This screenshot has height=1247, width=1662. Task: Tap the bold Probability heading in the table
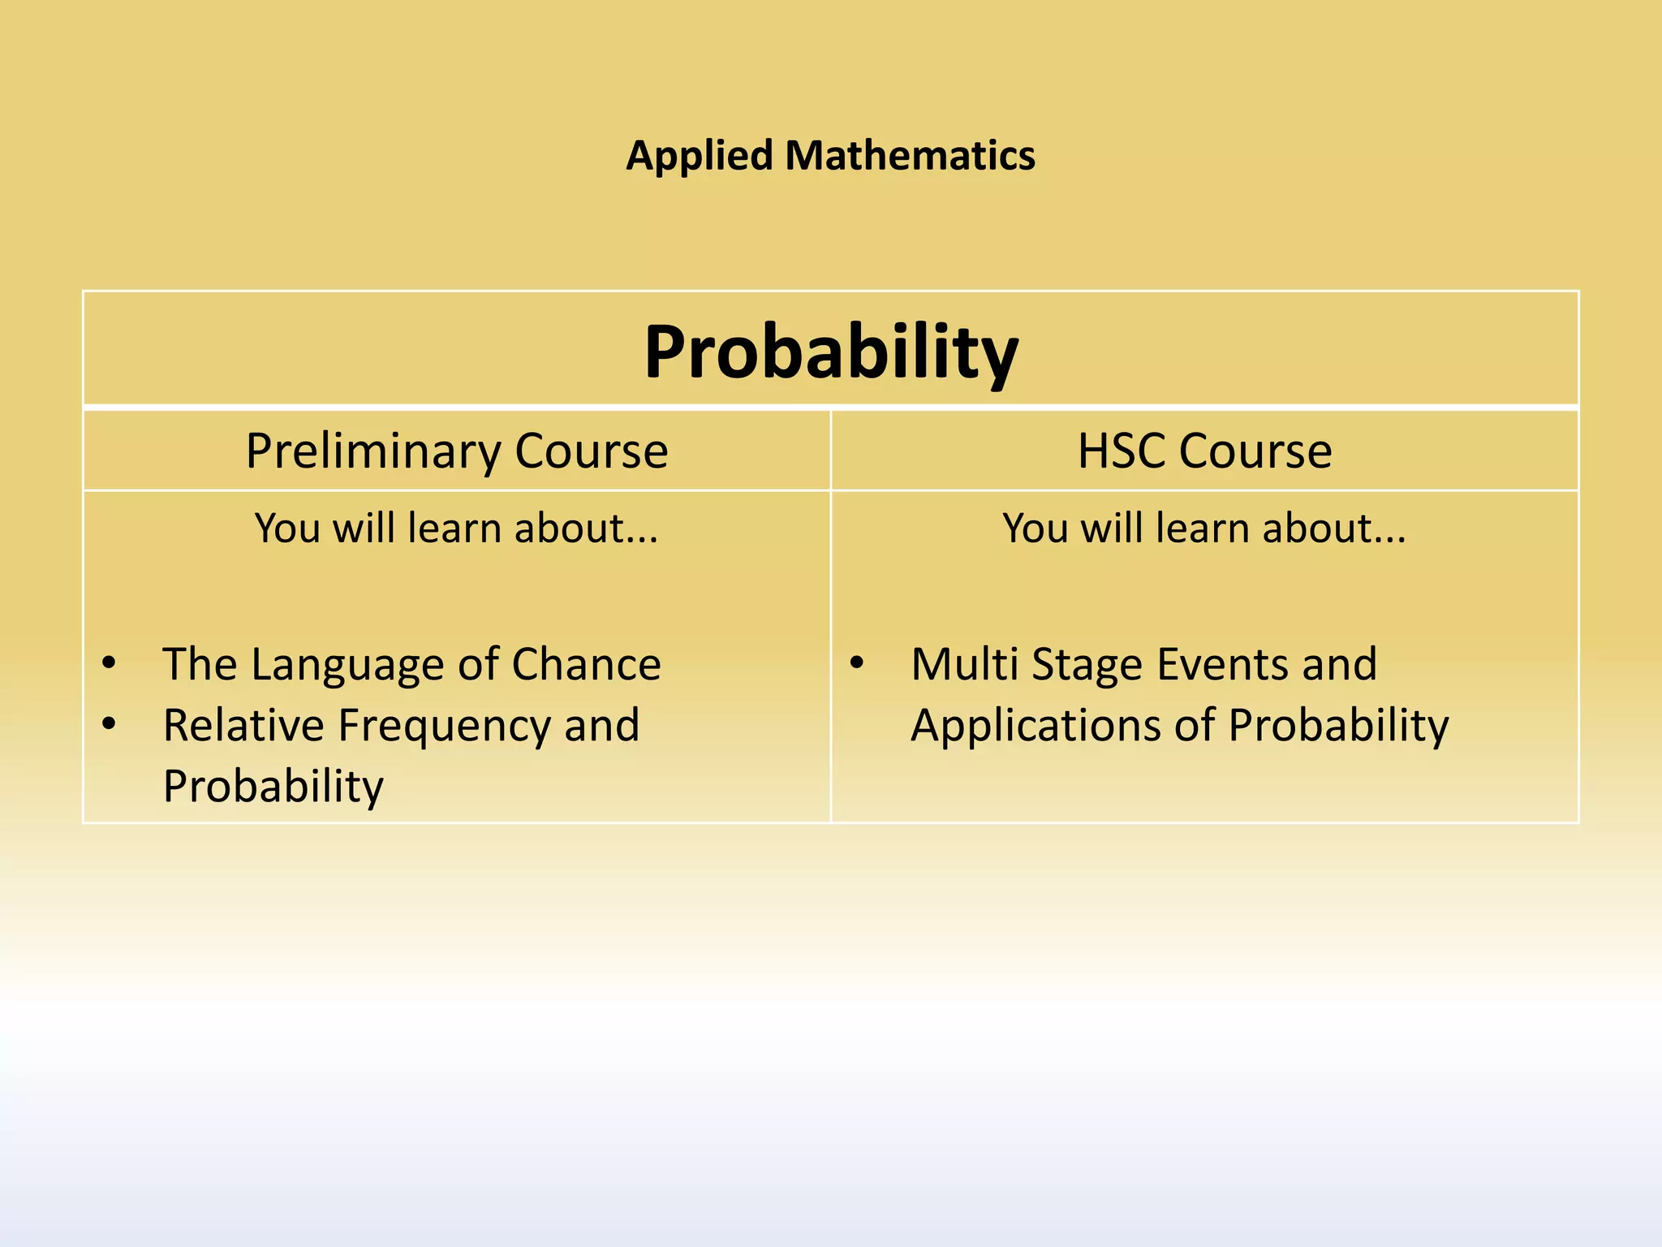831,352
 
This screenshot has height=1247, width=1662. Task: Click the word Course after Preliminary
591,451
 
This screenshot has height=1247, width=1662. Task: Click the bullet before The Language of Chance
110,663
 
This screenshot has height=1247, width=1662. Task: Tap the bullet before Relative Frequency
110,723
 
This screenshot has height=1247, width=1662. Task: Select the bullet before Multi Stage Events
857,663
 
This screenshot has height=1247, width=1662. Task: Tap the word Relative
243,725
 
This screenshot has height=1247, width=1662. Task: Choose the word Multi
964,664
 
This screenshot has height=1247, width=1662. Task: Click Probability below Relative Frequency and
273,786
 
